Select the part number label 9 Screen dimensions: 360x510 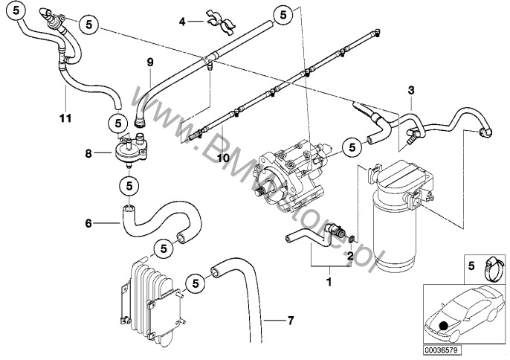click(x=149, y=61)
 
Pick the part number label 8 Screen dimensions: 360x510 click(x=89, y=154)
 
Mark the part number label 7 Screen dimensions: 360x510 click(x=291, y=321)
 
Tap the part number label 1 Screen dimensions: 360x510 click(x=326, y=282)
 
